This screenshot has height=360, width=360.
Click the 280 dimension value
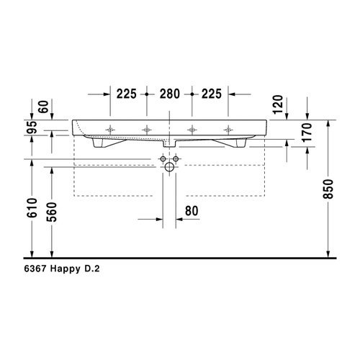coord(169,94)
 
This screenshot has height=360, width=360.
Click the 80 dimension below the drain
coord(191,211)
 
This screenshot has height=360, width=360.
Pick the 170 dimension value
coord(307,134)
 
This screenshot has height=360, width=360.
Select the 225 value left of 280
coord(127,94)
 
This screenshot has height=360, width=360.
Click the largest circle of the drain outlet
coord(169,167)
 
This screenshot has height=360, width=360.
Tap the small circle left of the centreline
coord(163,158)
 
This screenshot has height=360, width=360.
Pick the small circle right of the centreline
coord(176,158)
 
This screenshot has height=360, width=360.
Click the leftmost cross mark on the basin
coord(109,130)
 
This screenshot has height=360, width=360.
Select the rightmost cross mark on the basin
coord(229,130)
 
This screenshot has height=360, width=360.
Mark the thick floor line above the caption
coord(180,258)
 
